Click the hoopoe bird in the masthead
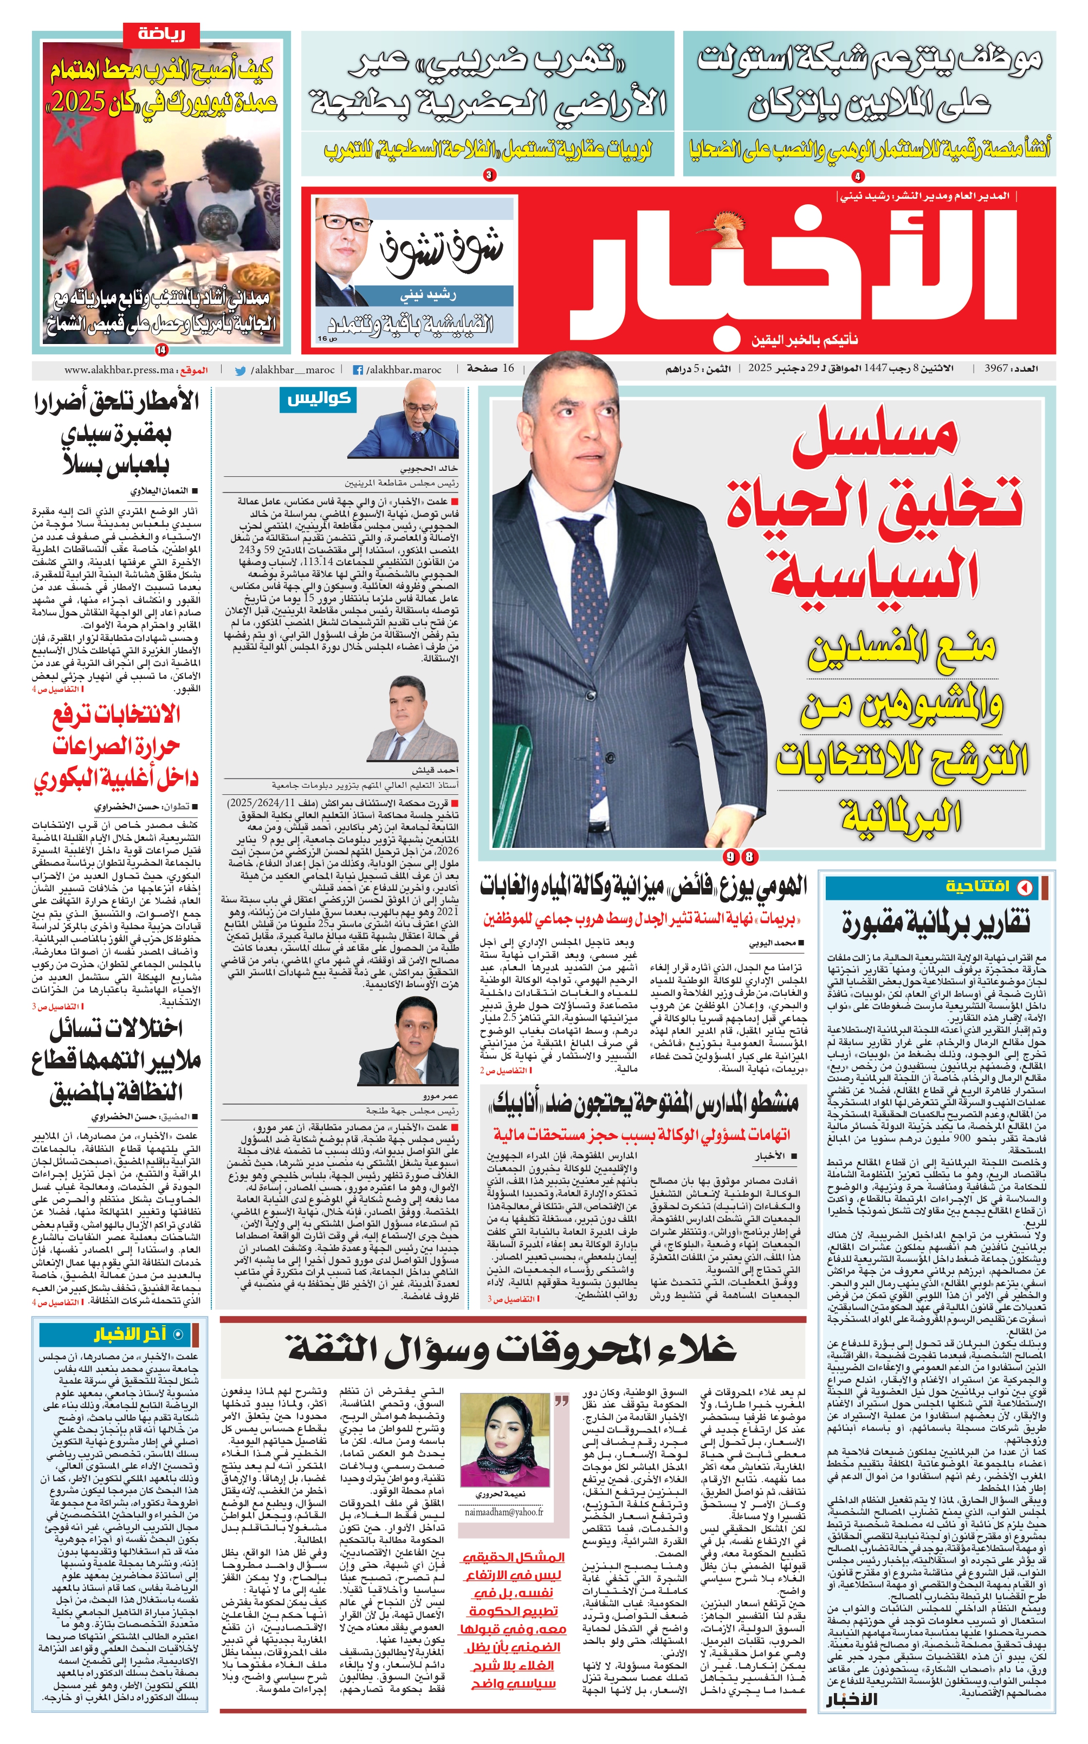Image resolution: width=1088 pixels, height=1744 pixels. [720, 222]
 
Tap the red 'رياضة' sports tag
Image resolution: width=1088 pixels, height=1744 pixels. [161, 34]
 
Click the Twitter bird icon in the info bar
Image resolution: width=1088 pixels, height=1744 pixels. [241, 371]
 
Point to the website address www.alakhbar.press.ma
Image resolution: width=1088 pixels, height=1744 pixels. [119, 370]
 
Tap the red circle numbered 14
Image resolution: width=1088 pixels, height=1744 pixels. [160, 351]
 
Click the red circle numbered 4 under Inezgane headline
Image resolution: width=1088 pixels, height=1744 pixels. [858, 176]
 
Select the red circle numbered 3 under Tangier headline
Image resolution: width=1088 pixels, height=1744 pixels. [489, 175]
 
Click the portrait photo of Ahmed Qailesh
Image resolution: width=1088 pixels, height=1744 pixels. [412, 720]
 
